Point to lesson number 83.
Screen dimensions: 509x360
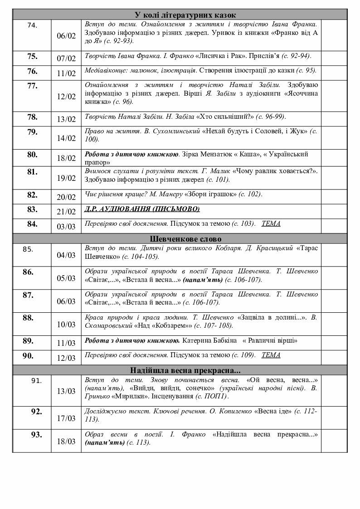(x=32, y=209)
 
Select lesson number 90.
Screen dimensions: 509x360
(x=28, y=356)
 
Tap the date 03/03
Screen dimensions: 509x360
(x=66, y=226)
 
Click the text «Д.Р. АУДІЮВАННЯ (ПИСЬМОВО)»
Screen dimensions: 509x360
(x=142, y=209)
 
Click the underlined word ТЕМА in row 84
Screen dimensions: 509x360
(x=271, y=223)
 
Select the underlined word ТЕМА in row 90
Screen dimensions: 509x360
(x=271, y=355)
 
